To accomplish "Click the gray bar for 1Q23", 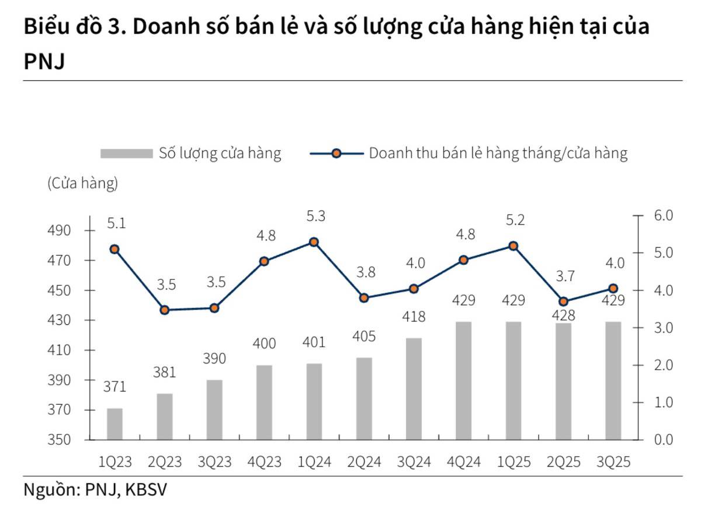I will (114, 424).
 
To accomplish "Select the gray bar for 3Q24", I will (414, 388).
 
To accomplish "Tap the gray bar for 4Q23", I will (264, 402).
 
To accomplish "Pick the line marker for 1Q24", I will (314, 241).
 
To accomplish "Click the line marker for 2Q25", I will (563, 302).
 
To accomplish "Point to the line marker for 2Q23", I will (165, 310).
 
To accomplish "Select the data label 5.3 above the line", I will (315, 217).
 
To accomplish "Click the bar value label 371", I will (114, 387).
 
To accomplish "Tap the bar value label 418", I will (414, 317).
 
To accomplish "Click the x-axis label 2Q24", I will (364, 462).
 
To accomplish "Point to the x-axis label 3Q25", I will (613, 462).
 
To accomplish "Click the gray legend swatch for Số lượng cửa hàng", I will (126, 153).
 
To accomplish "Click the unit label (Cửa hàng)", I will (82, 183).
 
